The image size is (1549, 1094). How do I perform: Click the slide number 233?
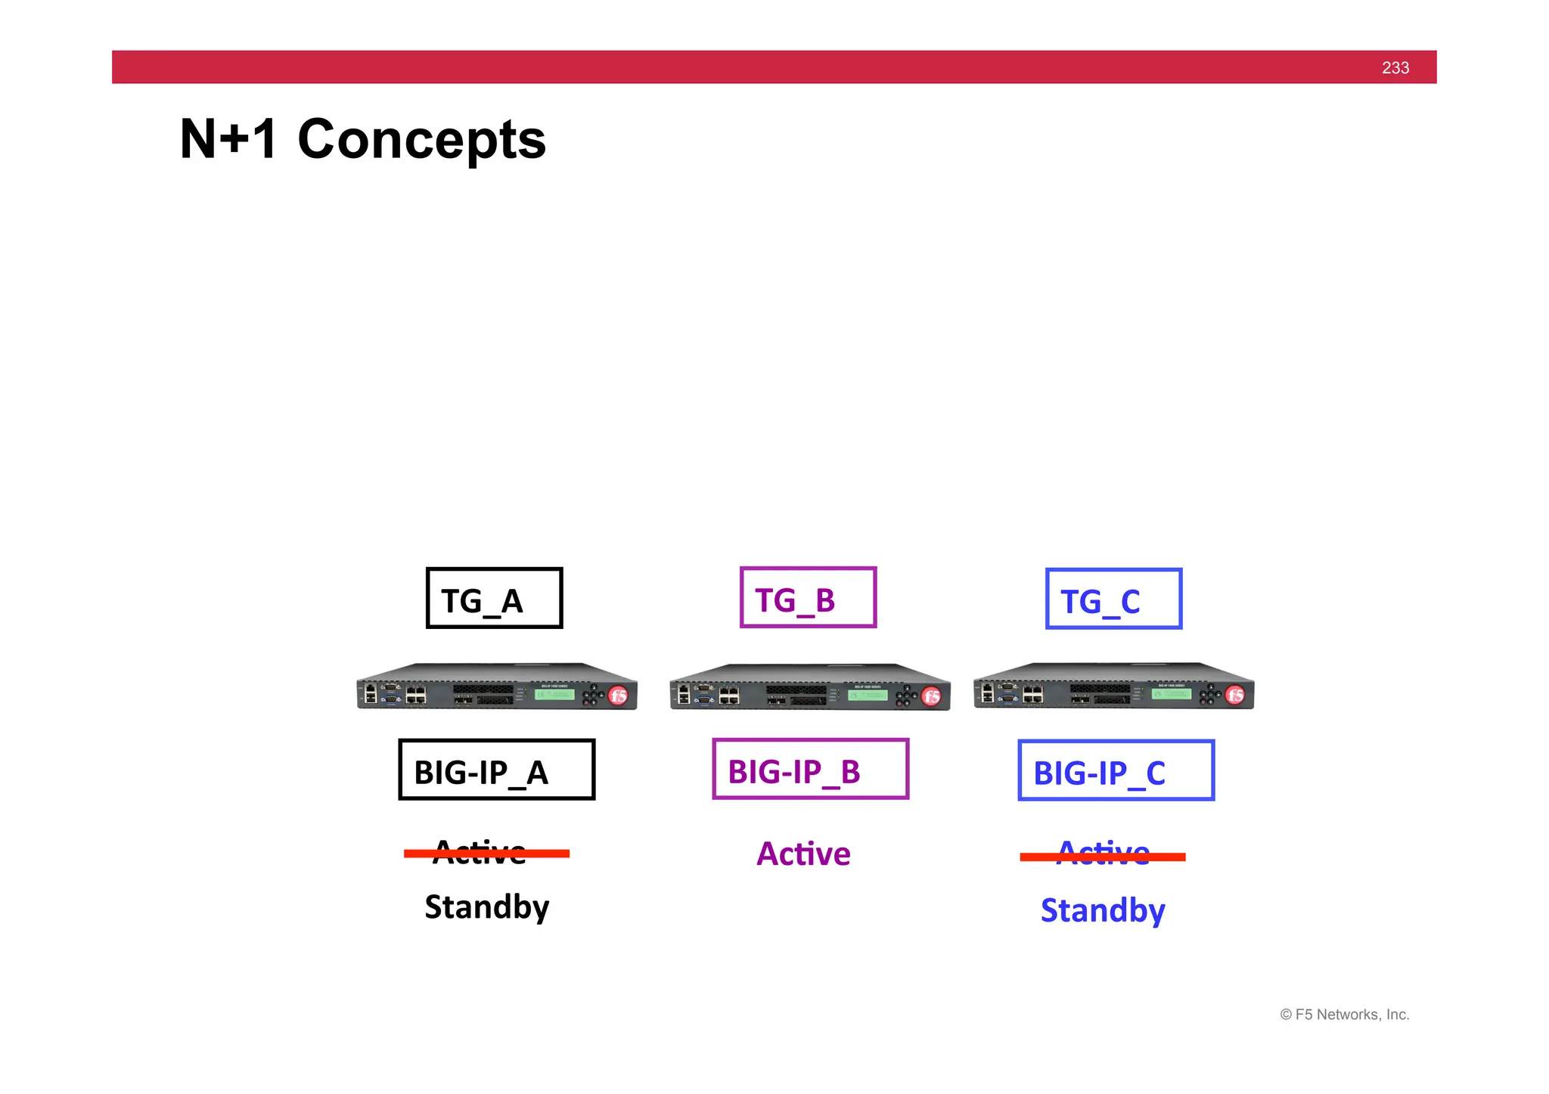click(x=1395, y=68)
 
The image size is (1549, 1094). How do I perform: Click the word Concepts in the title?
click(x=421, y=140)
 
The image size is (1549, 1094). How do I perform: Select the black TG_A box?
click(x=494, y=598)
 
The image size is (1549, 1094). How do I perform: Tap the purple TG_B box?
click(x=808, y=597)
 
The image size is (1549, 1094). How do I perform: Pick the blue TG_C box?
click(x=1113, y=599)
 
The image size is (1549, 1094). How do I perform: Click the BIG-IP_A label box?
click(x=496, y=770)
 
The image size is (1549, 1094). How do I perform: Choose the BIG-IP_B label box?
click(x=810, y=769)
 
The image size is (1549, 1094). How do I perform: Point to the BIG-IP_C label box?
click(x=1116, y=770)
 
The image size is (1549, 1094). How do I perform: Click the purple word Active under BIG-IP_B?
click(x=803, y=854)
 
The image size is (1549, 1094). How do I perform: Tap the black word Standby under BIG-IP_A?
click(x=486, y=907)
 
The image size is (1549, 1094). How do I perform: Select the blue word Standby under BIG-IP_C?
click(x=1102, y=910)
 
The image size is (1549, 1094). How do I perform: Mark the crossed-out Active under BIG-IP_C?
click(x=1103, y=855)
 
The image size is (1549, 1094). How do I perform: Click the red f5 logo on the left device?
click(x=618, y=696)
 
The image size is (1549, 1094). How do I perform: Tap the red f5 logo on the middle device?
click(x=932, y=696)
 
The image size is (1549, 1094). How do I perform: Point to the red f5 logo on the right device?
click(x=1235, y=695)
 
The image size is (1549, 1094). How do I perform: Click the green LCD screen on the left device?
click(x=554, y=694)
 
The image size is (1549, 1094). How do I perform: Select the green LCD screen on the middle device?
click(x=868, y=695)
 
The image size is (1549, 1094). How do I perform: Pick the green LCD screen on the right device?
click(x=1171, y=693)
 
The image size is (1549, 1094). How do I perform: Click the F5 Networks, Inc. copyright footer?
click(x=1345, y=1015)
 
